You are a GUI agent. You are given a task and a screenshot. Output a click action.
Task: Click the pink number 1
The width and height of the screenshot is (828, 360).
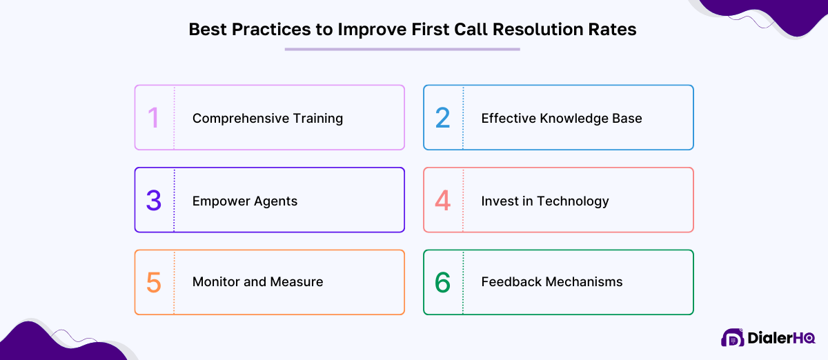click(153, 118)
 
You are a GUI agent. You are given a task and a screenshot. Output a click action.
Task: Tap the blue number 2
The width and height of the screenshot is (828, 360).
click(442, 118)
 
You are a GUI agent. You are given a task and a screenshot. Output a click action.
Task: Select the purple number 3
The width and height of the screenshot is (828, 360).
click(154, 200)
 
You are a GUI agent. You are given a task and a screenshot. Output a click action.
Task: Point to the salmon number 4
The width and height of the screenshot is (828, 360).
click(442, 200)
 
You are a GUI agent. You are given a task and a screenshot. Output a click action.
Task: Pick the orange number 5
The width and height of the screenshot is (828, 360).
click(154, 283)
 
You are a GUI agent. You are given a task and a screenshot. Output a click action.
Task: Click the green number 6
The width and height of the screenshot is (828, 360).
click(442, 283)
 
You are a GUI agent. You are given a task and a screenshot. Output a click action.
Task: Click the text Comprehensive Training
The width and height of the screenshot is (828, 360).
click(268, 119)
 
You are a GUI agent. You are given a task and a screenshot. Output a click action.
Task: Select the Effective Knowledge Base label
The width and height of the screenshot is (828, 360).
click(562, 118)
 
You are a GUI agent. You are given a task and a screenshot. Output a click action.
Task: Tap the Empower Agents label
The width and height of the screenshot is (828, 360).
click(245, 201)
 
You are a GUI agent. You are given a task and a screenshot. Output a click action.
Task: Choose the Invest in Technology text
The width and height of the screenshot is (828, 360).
click(545, 201)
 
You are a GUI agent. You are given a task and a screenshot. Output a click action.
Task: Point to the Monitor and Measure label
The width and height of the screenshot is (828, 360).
click(257, 281)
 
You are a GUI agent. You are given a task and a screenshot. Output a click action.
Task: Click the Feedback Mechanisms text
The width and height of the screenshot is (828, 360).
click(552, 281)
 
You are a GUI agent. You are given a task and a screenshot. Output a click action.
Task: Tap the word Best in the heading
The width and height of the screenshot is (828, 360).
click(208, 29)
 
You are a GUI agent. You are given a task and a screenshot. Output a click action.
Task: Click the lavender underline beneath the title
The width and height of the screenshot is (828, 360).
click(402, 49)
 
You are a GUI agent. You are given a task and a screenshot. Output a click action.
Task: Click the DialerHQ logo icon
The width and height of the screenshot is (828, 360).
click(733, 337)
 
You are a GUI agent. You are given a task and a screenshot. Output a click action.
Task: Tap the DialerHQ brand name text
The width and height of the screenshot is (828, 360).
click(781, 338)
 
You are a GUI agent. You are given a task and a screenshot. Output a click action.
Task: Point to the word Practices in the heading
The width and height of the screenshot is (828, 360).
click(271, 29)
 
